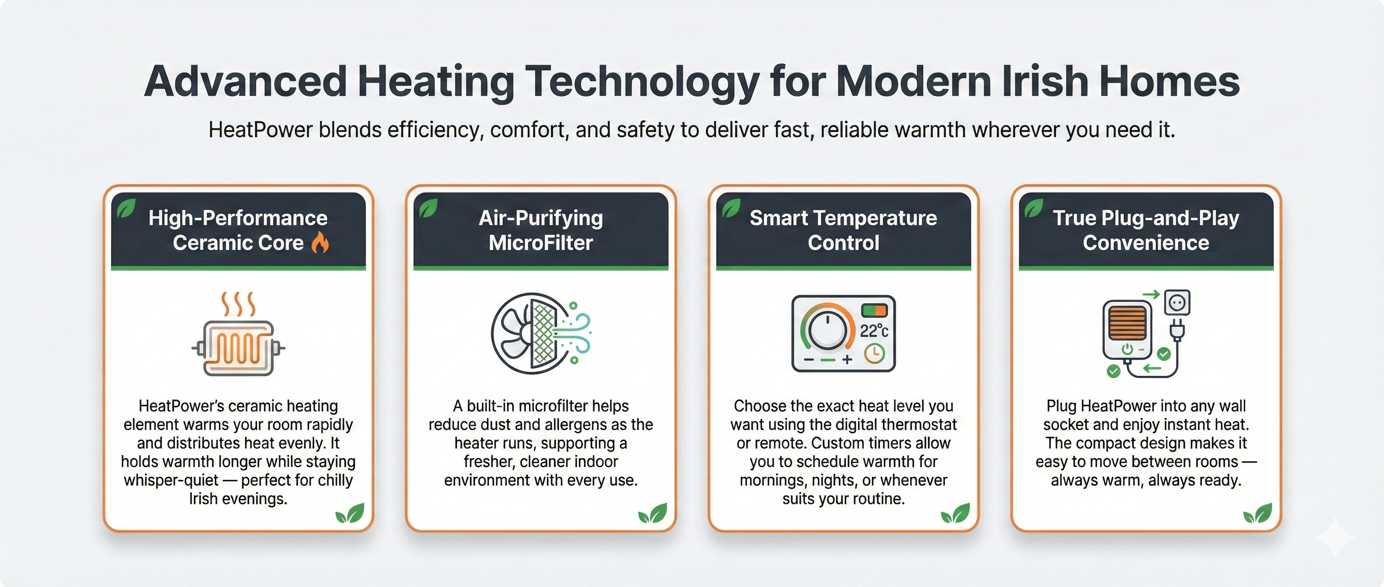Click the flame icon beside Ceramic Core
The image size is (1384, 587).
point(320,243)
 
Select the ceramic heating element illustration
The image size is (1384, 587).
point(238,334)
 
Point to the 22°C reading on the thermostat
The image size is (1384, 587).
point(874,330)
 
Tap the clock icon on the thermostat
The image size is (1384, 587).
point(874,354)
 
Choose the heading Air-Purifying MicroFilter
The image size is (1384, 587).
point(541,231)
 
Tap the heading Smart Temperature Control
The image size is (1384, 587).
point(844,231)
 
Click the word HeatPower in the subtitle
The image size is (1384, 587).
point(260,130)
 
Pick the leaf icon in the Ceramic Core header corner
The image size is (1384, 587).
point(126,208)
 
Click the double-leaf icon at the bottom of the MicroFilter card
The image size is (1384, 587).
point(653,514)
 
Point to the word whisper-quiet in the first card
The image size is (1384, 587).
point(171,480)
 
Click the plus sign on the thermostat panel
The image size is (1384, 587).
point(847,359)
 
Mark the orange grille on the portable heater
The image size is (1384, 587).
point(1127,323)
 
